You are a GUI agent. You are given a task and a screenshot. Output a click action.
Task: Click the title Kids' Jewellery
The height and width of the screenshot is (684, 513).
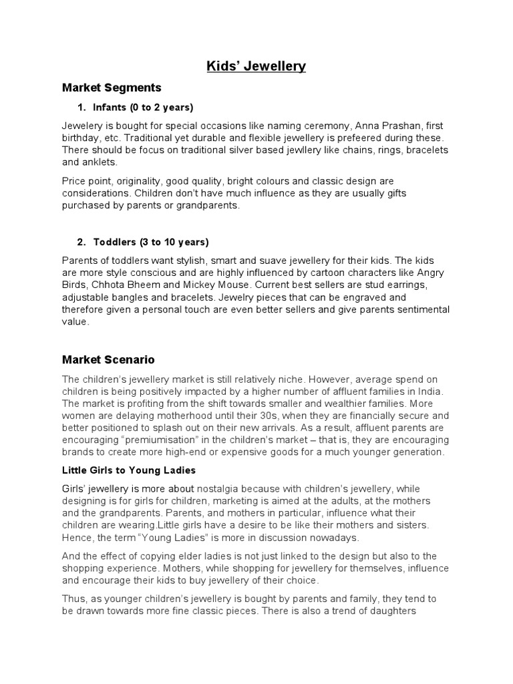point(255,65)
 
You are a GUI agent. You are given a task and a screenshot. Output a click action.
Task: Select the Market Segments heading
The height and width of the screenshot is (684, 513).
point(112,88)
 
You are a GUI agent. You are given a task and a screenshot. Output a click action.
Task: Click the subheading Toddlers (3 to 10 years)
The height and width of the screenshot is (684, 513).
point(151,242)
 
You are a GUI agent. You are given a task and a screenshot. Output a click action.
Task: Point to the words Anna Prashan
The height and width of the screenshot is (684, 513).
point(385,126)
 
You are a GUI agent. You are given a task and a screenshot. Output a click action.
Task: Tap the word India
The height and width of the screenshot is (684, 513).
point(427,391)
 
